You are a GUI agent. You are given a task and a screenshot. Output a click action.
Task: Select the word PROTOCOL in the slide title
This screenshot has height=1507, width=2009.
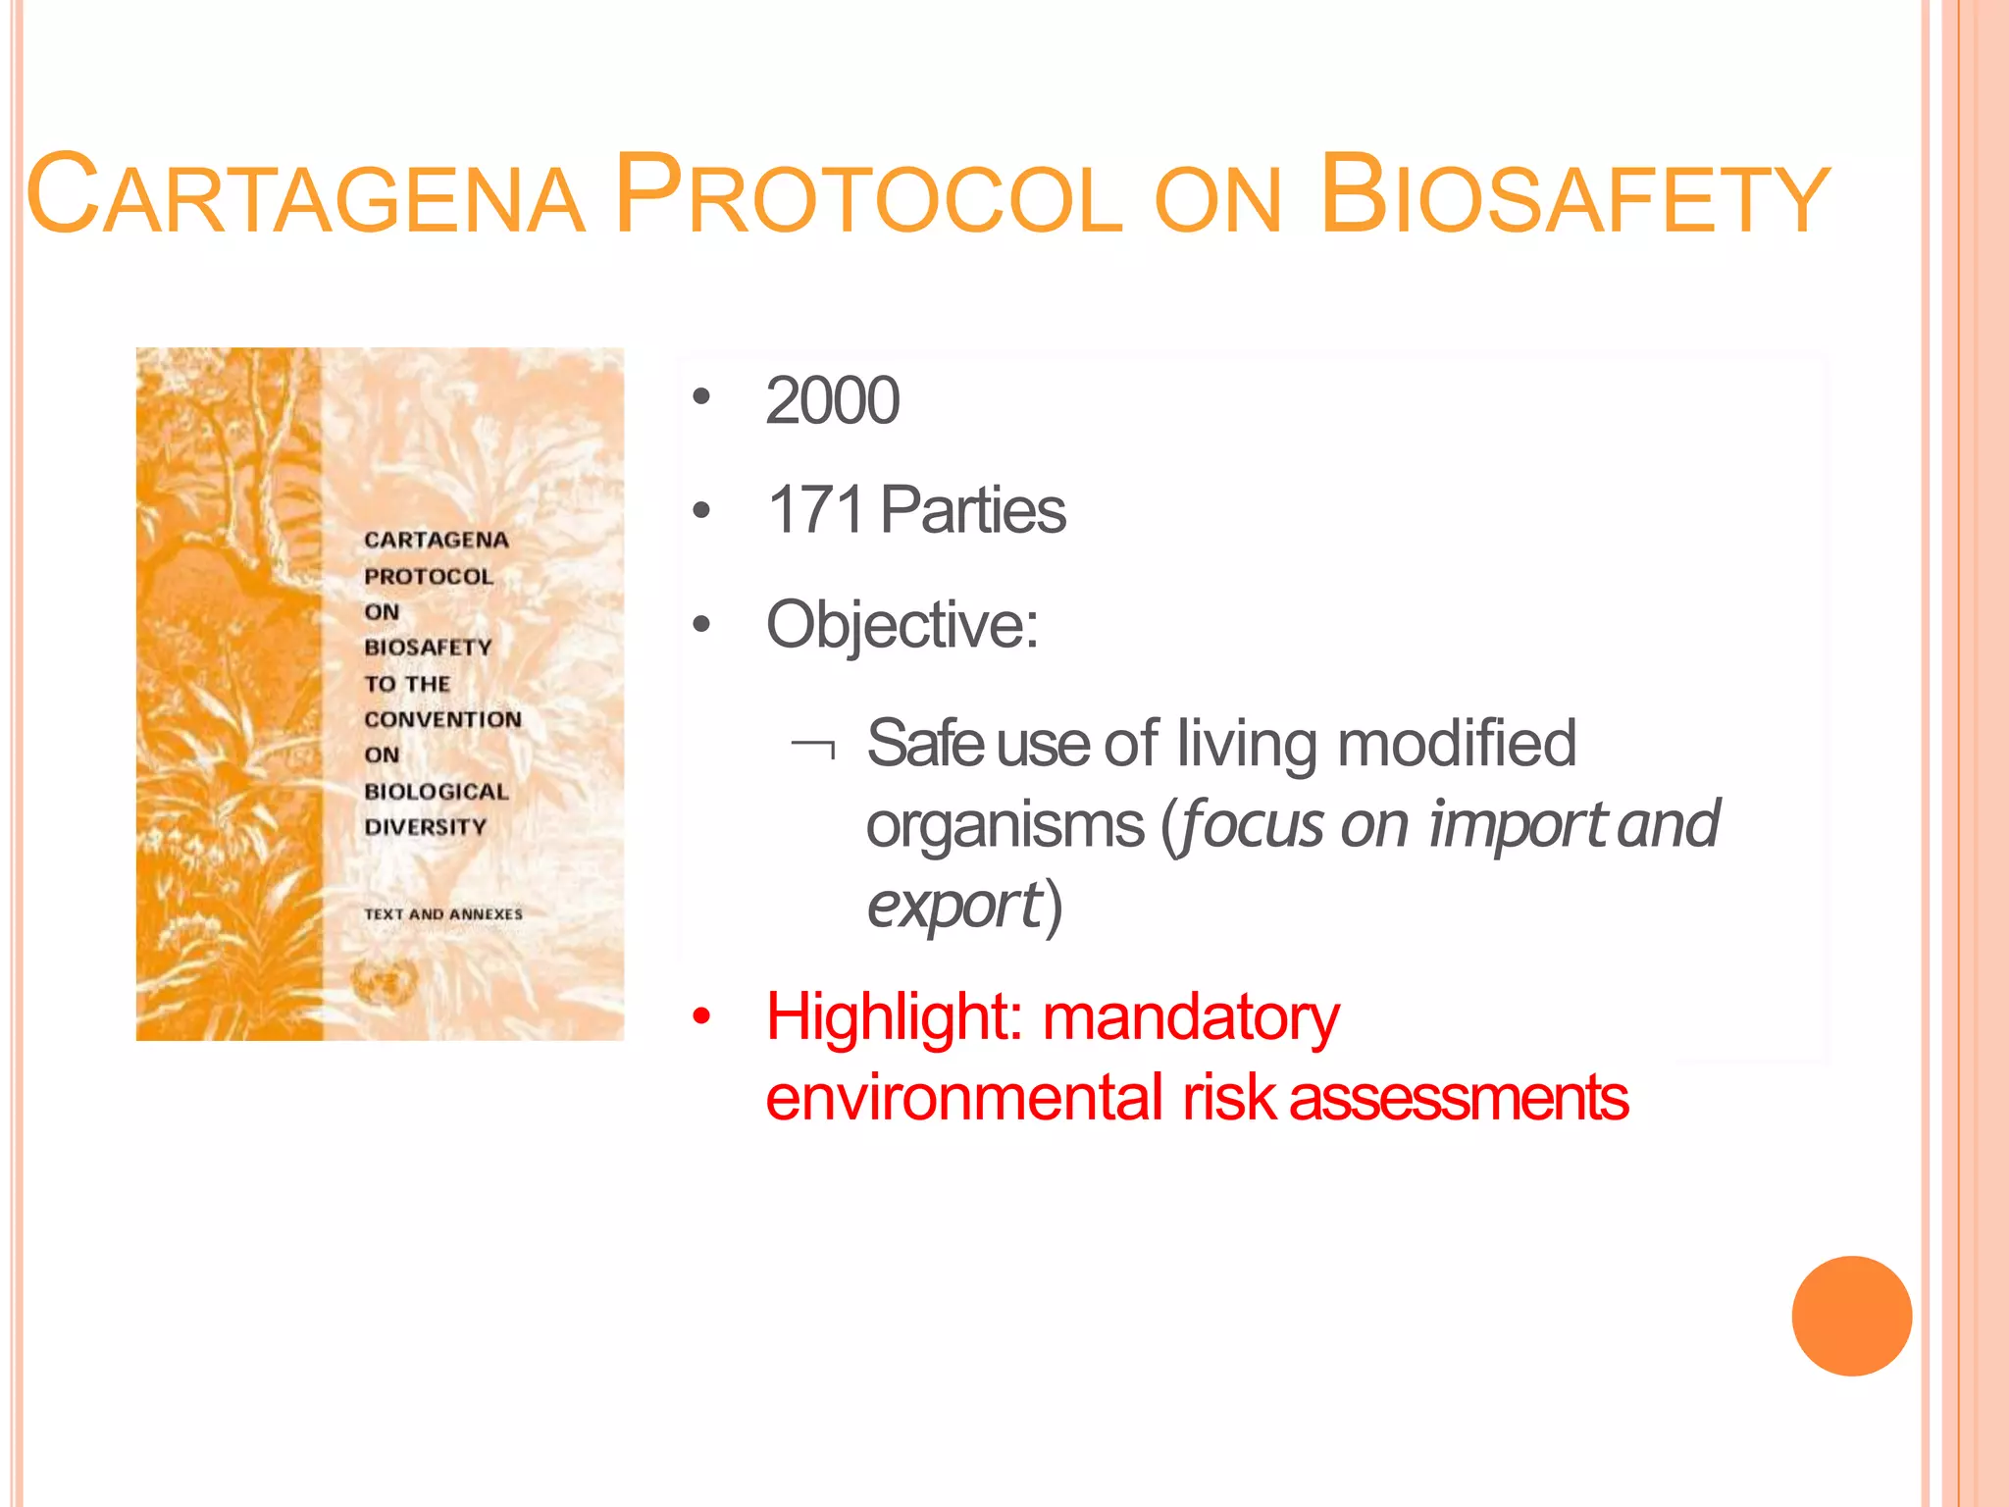click(869, 196)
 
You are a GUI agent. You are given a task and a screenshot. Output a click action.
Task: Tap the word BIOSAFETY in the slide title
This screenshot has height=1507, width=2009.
click(1573, 196)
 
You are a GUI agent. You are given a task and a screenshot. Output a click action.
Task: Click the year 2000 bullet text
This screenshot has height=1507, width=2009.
click(832, 400)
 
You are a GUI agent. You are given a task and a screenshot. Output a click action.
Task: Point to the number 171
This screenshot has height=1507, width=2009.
click(815, 510)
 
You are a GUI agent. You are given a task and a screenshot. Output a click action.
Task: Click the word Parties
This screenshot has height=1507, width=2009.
click(972, 510)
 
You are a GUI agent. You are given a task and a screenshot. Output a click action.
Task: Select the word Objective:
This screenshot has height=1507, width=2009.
click(901, 624)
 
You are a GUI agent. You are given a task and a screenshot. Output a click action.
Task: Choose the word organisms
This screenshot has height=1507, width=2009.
click(1004, 824)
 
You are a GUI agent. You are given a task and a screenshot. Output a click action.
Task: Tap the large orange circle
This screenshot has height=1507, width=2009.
click(1851, 1316)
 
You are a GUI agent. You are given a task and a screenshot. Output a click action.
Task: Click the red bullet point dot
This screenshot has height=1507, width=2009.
click(700, 1017)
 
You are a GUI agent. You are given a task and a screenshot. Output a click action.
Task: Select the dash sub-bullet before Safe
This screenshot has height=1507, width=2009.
click(813, 749)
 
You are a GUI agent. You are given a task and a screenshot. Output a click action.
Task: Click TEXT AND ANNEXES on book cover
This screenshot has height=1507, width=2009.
click(443, 914)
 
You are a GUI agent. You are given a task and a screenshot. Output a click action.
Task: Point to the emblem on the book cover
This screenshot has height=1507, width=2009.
click(386, 981)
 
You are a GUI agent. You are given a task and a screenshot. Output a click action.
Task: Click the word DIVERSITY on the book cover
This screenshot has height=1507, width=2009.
click(425, 827)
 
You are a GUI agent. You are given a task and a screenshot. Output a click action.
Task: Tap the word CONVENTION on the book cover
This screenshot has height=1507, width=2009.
click(442, 719)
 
